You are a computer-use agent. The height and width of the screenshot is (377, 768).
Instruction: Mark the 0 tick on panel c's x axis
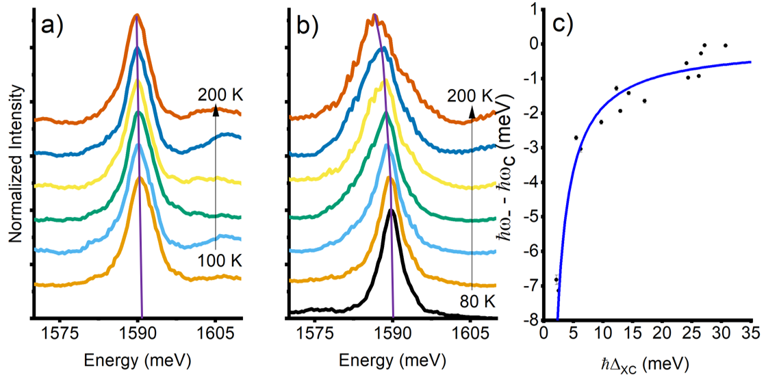click(x=543, y=335)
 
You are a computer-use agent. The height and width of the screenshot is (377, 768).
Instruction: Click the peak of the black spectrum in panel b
click(x=391, y=210)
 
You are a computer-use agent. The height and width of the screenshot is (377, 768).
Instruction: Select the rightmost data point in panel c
click(x=725, y=45)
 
